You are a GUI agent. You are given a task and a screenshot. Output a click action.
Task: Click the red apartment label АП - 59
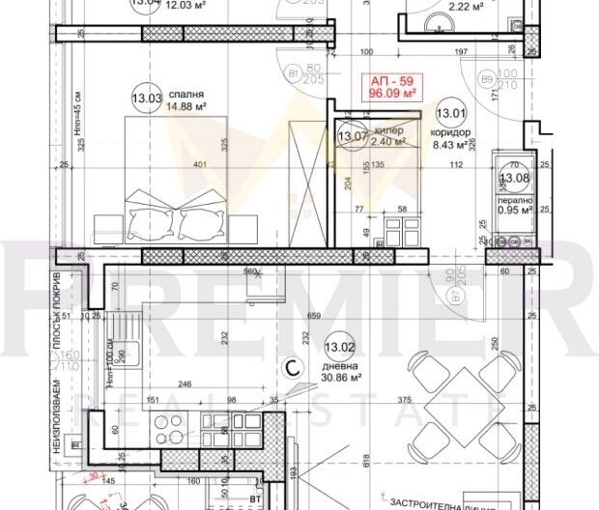tap(386, 82)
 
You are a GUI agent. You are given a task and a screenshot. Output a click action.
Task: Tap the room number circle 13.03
tap(148, 97)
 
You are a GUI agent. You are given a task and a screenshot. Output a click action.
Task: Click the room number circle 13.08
tap(512, 178)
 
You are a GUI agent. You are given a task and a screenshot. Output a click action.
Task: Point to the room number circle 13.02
tap(339, 348)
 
